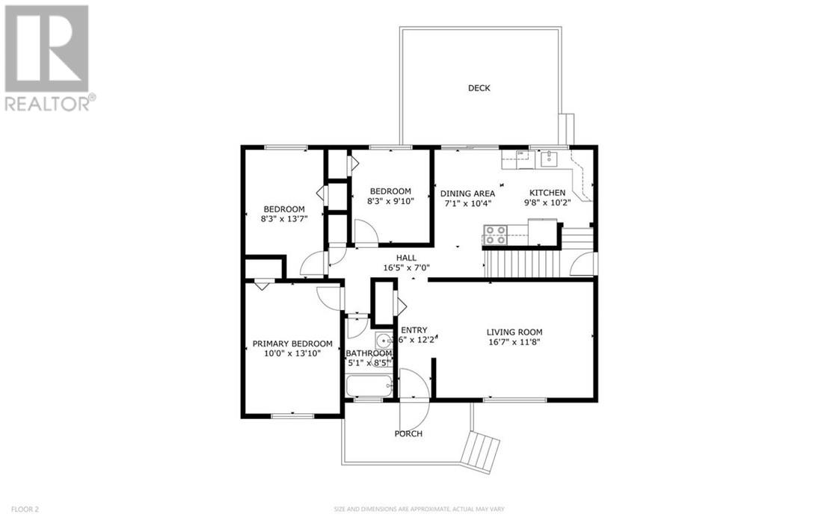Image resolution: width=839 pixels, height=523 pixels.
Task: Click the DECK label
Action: (x=479, y=88)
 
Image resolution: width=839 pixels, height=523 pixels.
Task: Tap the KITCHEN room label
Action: (x=547, y=193)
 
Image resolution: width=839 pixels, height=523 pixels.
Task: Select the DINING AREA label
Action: (x=467, y=193)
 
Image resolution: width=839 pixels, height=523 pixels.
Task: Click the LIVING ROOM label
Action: (x=514, y=332)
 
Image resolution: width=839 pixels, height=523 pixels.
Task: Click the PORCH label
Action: (x=408, y=434)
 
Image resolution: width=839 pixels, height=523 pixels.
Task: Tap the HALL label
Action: (x=407, y=258)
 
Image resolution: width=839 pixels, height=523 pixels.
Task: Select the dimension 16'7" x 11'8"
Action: (x=514, y=342)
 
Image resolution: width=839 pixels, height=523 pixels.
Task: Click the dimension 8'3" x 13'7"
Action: (x=284, y=218)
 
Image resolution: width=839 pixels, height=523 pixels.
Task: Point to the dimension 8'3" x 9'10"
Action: (x=390, y=200)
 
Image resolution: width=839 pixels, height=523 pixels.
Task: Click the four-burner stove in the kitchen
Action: (x=495, y=236)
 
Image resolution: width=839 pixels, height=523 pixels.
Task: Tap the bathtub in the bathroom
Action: (x=369, y=387)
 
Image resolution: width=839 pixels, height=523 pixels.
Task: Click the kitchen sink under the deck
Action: (x=549, y=158)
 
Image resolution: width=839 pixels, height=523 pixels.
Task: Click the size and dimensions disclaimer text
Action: (x=419, y=510)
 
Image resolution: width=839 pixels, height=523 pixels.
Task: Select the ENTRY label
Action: (x=414, y=330)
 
